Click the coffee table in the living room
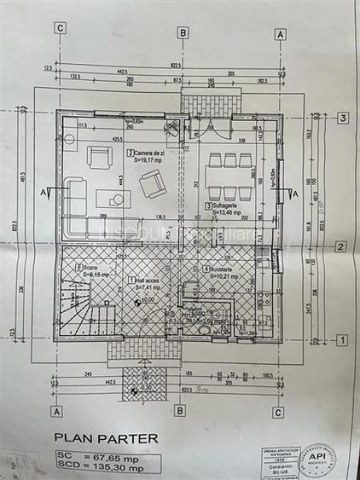113,199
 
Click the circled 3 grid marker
341,119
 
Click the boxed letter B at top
182,32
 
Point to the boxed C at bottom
279,410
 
